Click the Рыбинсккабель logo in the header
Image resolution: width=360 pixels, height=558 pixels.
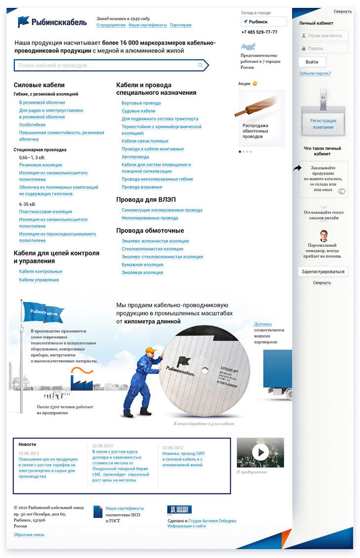pyautogui.click(x=52, y=22)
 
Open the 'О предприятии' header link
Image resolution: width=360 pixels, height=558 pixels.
pyautogui.click(x=111, y=25)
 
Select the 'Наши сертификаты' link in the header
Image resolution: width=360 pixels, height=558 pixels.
pyautogui.click(x=147, y=25)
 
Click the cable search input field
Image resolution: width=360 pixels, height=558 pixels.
pyautogui.click(x=106, y=65)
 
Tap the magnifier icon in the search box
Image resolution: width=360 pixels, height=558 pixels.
pyautogui.click(x=200, y=65)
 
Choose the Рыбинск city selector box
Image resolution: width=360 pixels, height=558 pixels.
pyautogui.click(x=264, y=22)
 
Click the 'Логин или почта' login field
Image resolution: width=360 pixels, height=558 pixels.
pyautogui.click(x=323, y=36)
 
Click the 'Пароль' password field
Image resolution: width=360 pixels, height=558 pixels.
pyautogui.click(x=323, y=48)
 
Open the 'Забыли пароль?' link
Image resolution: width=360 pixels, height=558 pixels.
pyautogui.click(x=315, y=74)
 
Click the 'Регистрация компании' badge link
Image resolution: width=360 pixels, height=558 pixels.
pyautogui.click(x=323, y=124)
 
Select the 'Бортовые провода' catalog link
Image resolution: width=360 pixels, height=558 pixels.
pyautogui.click(x=141, y=103)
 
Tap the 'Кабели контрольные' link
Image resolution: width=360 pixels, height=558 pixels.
pyautogui.click(x=40, y=272)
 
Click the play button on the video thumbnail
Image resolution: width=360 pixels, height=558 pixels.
pyautogui.click(x=260, y=452)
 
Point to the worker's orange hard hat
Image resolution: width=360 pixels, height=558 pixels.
pyautogui.click(x=151, y=350)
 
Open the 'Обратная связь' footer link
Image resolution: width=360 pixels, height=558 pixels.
pyautogui.click(x=29, y=535)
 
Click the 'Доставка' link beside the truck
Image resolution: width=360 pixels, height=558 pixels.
pyautogui.click(x=263, y=324)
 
